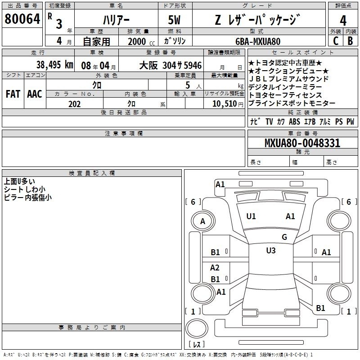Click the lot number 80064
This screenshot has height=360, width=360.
[x=22, y=19]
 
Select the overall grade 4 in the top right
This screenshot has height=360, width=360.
[x=343, y=21]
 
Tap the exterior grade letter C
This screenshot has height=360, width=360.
[x=336, y=41]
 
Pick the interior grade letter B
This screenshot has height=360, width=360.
[x=350, y=41]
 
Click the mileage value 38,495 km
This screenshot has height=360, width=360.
[x=54, y=65]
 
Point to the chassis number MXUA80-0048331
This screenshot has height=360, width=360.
[x=302, y=143]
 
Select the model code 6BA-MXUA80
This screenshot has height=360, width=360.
[x=258, y=41]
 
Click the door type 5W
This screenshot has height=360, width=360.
[x=174, y=20]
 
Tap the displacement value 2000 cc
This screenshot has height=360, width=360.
[x=141, y=41]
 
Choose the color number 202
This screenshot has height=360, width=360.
[x=75, y=104]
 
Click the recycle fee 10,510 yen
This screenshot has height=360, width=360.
[x=228, y=104]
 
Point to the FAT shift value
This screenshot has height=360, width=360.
[x=13, y=94]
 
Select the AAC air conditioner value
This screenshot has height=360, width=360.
[x=35, y=94]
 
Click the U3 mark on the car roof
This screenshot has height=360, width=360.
[x=271, y=251]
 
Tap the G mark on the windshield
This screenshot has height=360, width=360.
[x=284, y=237]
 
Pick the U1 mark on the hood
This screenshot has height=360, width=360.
[x=251, y=216]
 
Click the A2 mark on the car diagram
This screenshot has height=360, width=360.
[x=215, y=267]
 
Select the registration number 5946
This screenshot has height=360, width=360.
[x=193, y=65]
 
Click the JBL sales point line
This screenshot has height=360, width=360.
[x=288, y=79]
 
